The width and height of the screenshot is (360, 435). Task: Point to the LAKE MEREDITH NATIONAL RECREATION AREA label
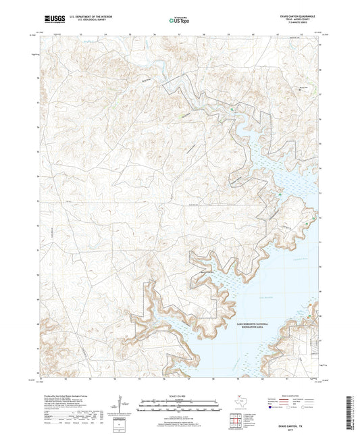253,326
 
